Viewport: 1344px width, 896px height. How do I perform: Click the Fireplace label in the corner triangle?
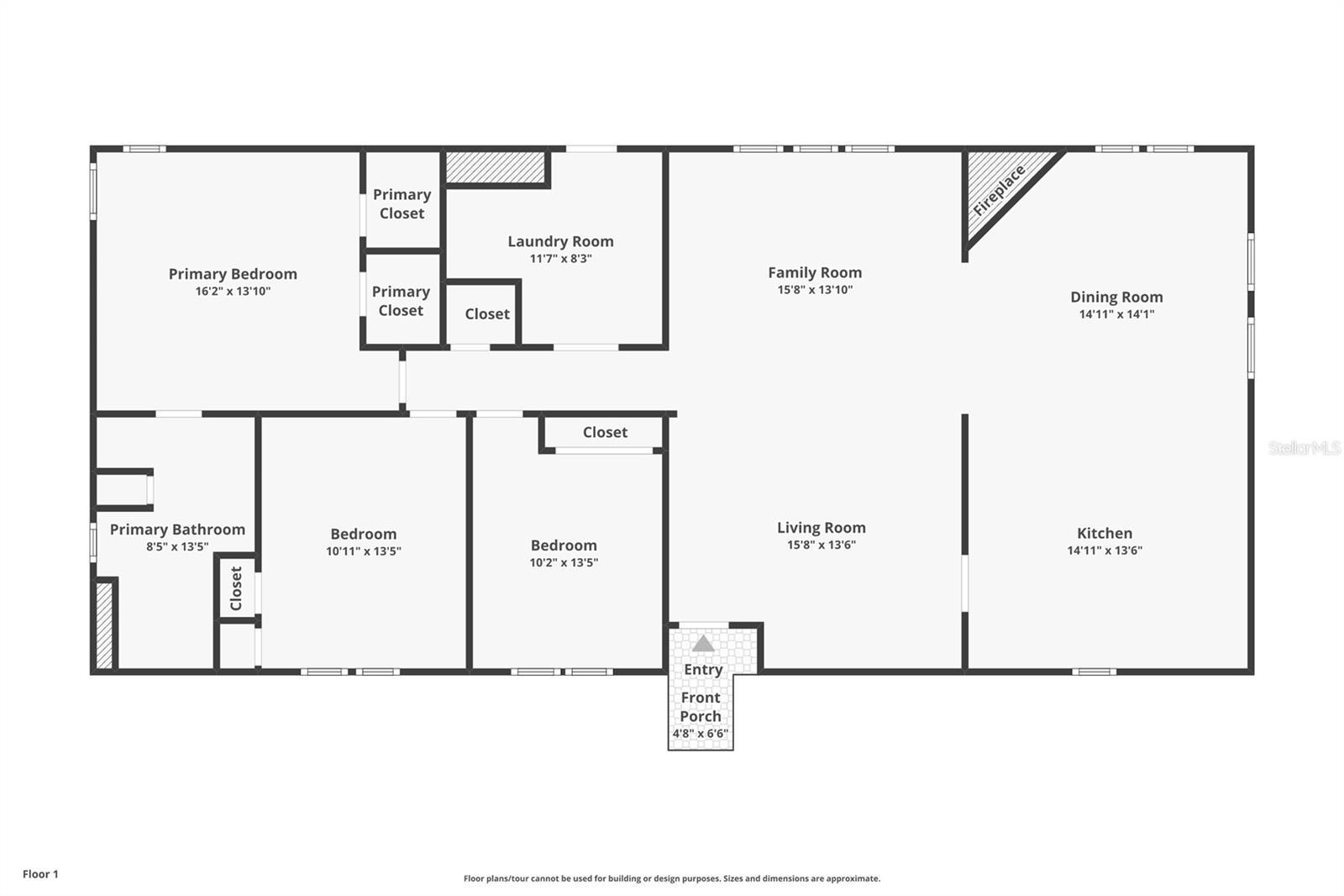point(999,191)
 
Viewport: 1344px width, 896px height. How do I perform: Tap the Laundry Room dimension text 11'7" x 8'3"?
point(560,259)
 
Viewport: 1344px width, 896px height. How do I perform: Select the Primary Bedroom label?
point(233,274)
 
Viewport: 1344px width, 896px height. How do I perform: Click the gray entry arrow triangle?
point(703,644)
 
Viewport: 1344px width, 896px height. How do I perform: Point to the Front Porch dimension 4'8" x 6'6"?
point(700,734)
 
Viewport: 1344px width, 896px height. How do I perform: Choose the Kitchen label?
point(1105,533)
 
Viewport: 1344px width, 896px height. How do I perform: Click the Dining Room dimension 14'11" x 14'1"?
point(1116,314)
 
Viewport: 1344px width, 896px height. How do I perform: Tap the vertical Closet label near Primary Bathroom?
point(236,588)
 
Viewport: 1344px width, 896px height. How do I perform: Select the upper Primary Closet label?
point(402,203)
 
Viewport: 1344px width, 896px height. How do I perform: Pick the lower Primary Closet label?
point(401,301)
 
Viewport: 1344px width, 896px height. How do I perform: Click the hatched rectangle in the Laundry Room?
point(496,166)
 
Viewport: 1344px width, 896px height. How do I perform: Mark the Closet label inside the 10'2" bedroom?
point(605,432)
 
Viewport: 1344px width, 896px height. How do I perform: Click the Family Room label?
point(815,272)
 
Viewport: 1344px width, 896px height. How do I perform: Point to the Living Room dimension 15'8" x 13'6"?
point(821,545)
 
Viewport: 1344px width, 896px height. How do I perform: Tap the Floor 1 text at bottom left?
point(40,874)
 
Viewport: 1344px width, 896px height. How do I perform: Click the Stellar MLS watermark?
point(1304,448)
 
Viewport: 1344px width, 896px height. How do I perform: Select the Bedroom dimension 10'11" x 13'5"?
point(363,551)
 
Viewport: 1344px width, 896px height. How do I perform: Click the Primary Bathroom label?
point(177,530)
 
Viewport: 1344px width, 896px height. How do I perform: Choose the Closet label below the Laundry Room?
point(487,314)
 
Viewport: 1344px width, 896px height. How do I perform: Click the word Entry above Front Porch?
point(703,669)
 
